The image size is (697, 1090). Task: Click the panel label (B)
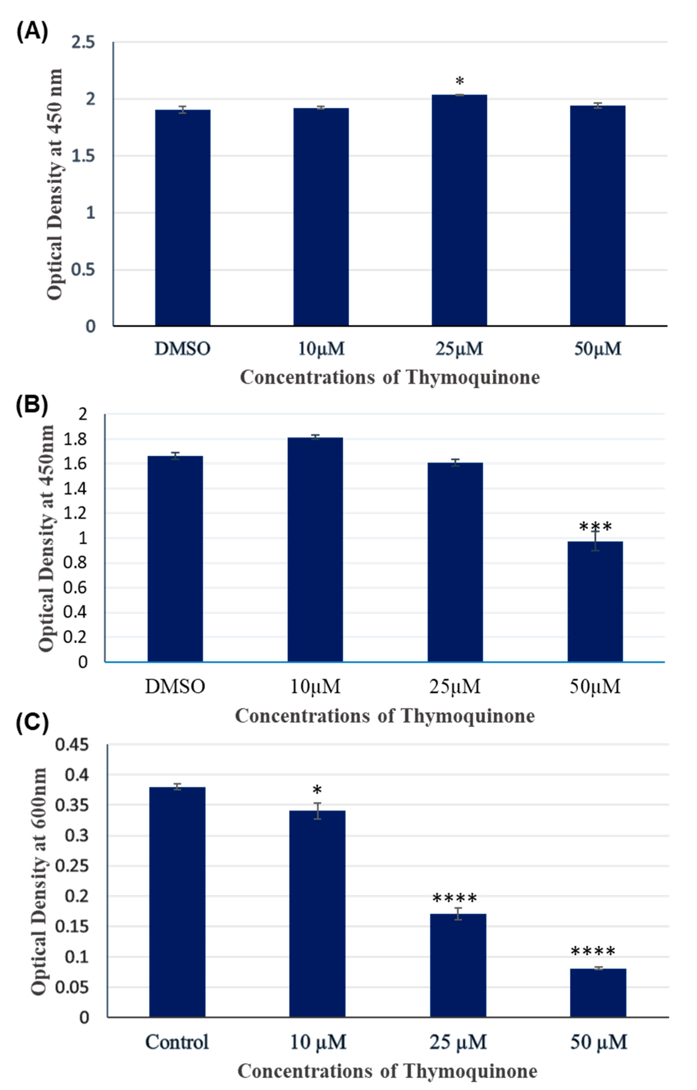(x=32, y=404)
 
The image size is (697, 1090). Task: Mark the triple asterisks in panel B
(x=595, y=527)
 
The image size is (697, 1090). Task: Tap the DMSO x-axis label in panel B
(x=175, y=687)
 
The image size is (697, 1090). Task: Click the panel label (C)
(x=32, y=723)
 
